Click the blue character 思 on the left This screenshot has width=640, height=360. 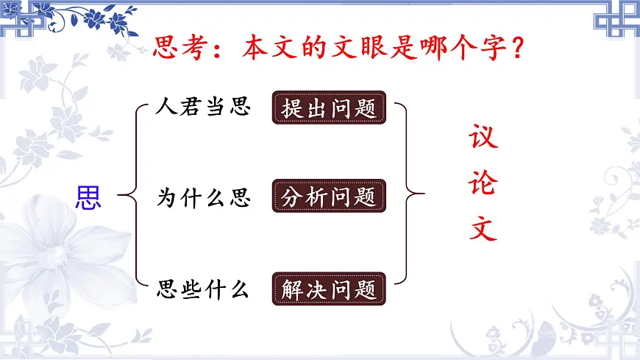pyautogui.click(x=88, y=197)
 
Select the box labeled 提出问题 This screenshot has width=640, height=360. pyautogui.click(x=329, y=108)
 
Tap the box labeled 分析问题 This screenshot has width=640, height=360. pyautogui.click(x=329, y=197)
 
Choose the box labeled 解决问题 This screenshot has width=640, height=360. pyautogui.click(x=329, y=289)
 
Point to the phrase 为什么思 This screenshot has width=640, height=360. pyautogui.click(x=204, y=197)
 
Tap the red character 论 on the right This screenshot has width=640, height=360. pyautogui.click(x=483, y=184)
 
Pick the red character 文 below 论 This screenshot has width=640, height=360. pyautogui.click(x=483, y=230)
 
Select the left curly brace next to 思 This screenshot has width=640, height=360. pyautogui.click(x=132, y=197)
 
